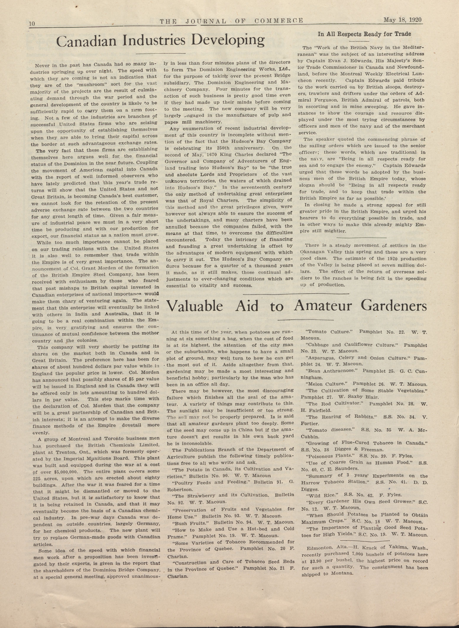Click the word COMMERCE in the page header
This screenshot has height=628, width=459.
pos(278,21)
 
